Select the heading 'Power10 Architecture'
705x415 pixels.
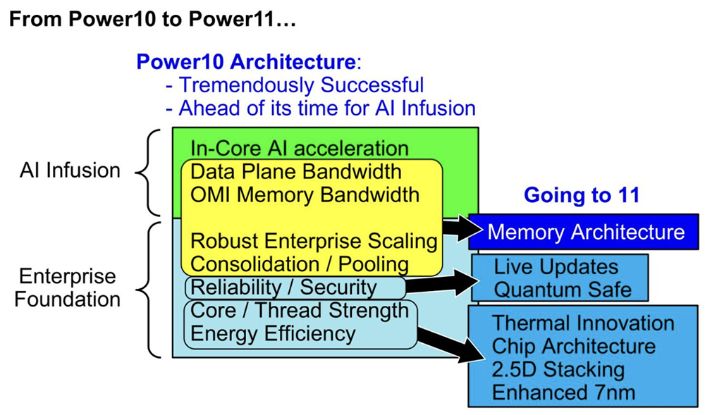tap(246, 62)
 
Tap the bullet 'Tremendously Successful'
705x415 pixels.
tap(294, 85)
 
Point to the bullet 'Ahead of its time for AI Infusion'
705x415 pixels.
tap(320, 108)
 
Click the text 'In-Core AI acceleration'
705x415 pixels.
tap(299, 149)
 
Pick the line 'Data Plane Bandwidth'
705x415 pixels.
tap(296, 171)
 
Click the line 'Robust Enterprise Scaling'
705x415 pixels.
tap(314, 241)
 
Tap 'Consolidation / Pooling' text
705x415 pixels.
tap(300, 264)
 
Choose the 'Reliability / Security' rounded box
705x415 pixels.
tap(294, 287)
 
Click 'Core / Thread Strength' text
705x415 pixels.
tap(300, 310)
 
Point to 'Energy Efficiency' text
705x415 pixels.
tap(273, 333)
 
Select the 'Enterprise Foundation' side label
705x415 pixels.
tap(67, 287)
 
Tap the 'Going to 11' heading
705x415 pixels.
tap(581, 194)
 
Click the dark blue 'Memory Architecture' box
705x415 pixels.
tap(586, 232)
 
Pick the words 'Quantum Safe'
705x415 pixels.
tap(563, 289)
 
